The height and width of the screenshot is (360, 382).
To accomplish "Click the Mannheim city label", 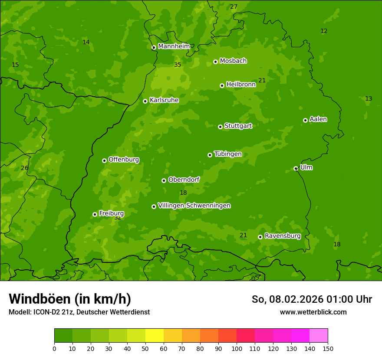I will [x=174, y=46].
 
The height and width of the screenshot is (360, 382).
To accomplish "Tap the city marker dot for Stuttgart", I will [x=220, y=127].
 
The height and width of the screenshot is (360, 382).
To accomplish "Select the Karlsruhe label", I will [x=164, y=100].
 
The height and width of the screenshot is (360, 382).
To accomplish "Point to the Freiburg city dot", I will [x=95, y=214].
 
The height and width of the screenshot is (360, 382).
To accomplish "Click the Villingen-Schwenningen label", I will [x=194, y=205].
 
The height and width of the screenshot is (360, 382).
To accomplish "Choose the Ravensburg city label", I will [x=282, y=236].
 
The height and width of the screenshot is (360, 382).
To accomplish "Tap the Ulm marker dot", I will [x=296, y=168].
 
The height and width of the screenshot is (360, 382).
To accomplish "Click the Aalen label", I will [x=318, y=119].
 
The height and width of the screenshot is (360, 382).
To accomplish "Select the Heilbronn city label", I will [x=240, y=84].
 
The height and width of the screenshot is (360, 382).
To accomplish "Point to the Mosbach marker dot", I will [x=215, y=62].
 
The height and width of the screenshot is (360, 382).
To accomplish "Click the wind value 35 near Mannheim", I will [x=177, y=65].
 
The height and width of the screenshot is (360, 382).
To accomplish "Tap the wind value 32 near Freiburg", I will [x=118, y=218].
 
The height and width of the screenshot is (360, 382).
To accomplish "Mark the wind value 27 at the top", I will [x=234, y=7].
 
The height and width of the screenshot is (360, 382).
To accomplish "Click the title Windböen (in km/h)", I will [x=69, y=299].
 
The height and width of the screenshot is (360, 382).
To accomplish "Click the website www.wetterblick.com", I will [x=313, y=312].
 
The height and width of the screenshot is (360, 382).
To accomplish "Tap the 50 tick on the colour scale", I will [x=145, y=348].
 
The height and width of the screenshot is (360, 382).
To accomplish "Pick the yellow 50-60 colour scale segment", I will [x=155, y=336].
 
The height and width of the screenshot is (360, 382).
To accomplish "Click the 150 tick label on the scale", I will [x=328, y=348].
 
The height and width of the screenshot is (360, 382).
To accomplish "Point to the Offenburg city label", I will [x=123, y=159].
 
